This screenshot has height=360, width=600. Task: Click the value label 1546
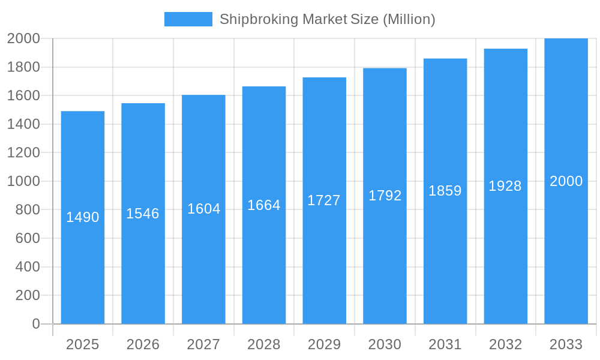[143, 214]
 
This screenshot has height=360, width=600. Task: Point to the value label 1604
[204, 209]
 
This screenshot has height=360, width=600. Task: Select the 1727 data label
[324, 200]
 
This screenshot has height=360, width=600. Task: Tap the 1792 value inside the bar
[385, 196]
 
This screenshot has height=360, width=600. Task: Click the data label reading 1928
[505, 186]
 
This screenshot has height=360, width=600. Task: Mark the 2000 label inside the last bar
[566, 181]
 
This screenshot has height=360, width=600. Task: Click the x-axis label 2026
[143, 344]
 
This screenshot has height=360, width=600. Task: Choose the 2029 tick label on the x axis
[324, 344]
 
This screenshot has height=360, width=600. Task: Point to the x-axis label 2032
[505, 344]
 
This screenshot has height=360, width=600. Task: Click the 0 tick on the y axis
[35, 324]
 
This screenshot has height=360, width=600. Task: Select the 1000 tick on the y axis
[23, 181]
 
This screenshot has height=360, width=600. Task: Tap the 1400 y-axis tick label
[23, 124]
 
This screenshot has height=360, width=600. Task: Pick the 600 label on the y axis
[28, 238]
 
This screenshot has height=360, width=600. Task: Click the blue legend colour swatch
[188, 19]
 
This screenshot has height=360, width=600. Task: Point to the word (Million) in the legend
[409, 19]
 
